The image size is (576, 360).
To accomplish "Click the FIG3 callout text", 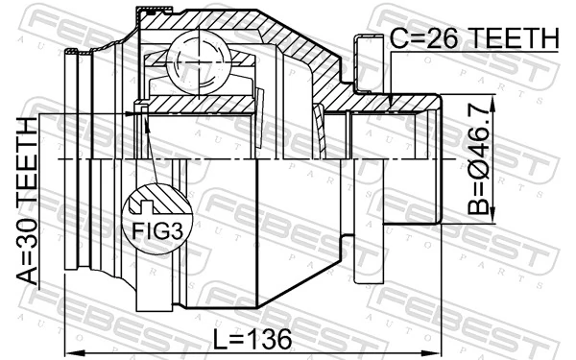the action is click(x=157, y=231).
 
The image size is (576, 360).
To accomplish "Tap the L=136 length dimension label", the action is click(x=252, y=339).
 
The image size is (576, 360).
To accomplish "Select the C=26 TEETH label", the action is click(x=474, y=38).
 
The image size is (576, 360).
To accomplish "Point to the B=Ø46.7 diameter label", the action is click(x=480, y=158).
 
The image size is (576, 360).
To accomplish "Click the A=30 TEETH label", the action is click(x=27, y=202).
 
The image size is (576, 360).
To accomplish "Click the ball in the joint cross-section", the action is click(x=199, y=64).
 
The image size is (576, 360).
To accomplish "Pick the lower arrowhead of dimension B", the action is click(x=493, y=217).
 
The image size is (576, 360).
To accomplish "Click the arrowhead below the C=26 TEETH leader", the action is click(x=391, y=99).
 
